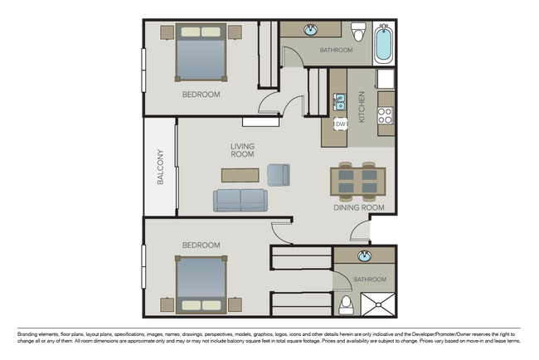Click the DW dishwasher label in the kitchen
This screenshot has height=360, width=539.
[340, 124]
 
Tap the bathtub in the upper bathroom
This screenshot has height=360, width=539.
[383, 43]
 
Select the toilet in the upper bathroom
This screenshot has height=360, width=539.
[358, 33]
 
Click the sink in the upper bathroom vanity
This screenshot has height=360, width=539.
[311, 32]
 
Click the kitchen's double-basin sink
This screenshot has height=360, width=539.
[339, 104]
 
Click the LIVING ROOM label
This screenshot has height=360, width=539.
[242, 150]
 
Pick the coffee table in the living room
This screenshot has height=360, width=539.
[240, 175]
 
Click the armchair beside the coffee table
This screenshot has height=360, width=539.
[279, 174]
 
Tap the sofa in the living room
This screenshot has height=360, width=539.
[240, 201]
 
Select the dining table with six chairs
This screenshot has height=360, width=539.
[358, 181]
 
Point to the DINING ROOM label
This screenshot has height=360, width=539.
[359, 208]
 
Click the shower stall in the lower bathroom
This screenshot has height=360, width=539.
[378, 303]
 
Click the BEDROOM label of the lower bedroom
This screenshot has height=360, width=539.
[201, 245]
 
